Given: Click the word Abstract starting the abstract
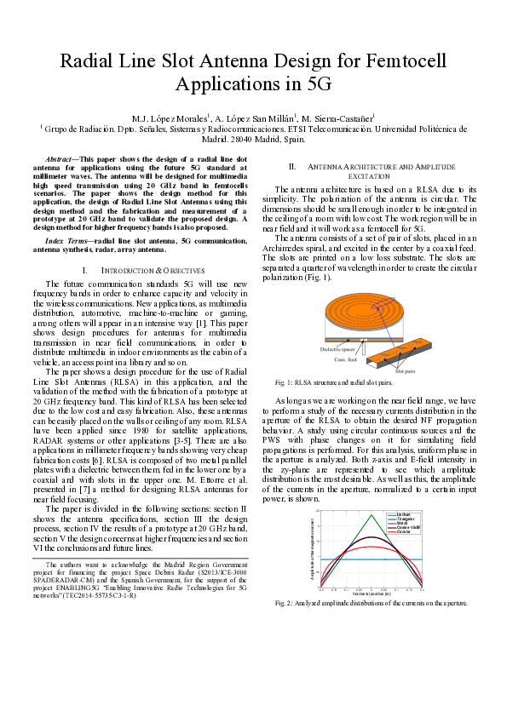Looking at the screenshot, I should tap(59, 159).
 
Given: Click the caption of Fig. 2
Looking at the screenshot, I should tap(371, 603).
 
